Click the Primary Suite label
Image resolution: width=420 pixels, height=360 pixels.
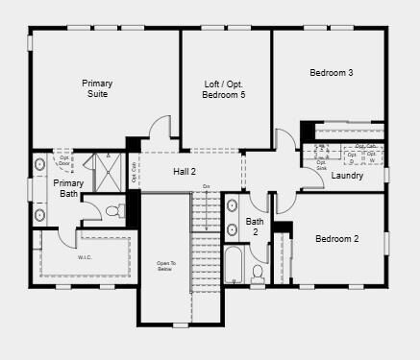pos(97,88)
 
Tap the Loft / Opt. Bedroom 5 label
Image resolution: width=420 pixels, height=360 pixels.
pos(225,89)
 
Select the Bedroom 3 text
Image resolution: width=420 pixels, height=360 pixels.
pos(331,73)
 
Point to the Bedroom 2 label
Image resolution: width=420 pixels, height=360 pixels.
pos(336,238)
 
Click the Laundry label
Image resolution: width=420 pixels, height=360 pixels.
pos(346,176)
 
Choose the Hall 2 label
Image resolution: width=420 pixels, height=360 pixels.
pos(185,172)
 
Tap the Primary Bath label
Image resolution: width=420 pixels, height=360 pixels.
pos(68,187)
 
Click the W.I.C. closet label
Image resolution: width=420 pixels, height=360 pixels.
pos(85,257)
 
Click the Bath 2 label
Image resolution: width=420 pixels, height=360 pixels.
pos(255,227)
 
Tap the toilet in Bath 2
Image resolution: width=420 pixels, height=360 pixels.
pos(257,274)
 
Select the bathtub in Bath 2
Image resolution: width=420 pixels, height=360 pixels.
pos(235,264)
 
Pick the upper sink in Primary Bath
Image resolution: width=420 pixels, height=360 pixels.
pos(39,164)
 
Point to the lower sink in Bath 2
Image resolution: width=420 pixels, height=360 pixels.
pos(232,230)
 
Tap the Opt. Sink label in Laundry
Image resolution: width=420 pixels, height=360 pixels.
pos(321,165)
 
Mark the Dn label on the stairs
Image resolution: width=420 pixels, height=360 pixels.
pos(206,185)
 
